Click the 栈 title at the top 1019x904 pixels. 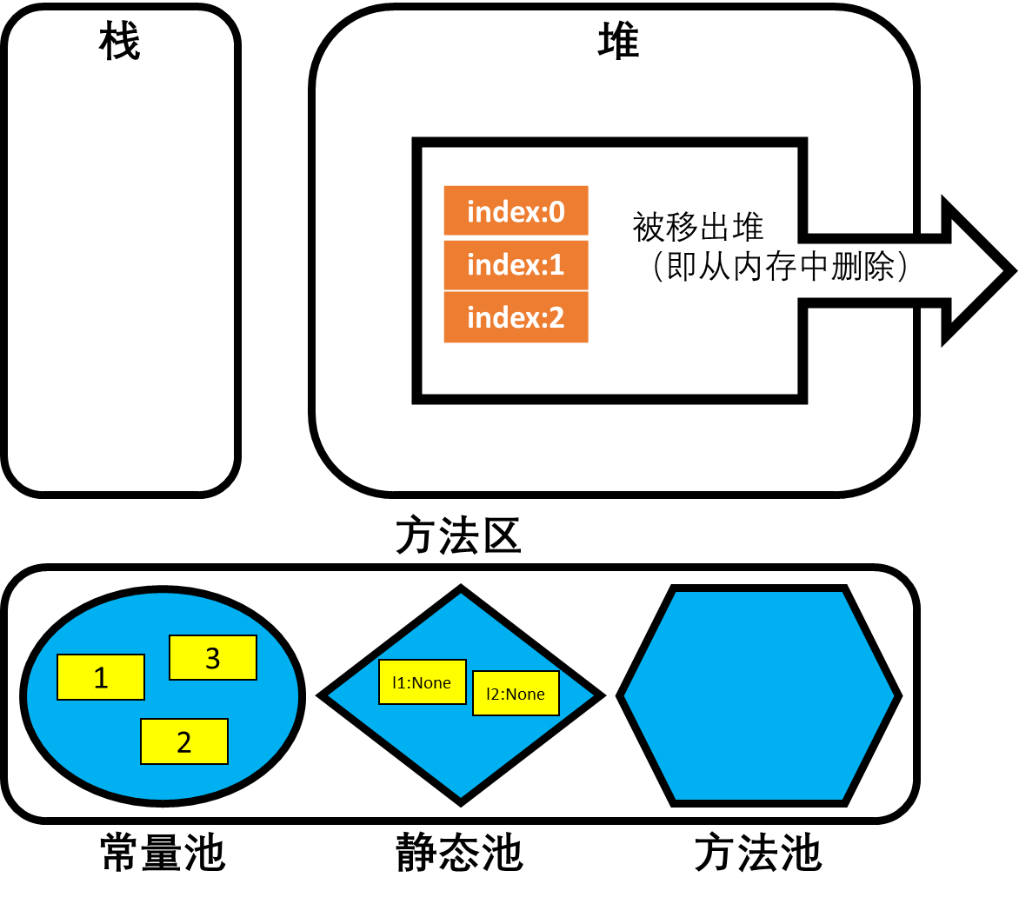(x=120, y=42)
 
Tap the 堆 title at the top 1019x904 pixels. (x=618, y=42)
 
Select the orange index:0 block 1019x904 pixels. (x=516, y=211)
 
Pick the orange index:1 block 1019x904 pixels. (x=516, y=264)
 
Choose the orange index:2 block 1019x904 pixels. (x=516, y=317)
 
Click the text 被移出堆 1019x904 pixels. (x=698, y=228)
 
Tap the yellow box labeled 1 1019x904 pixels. (x=101, y=677)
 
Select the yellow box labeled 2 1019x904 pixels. (x=184, y=741)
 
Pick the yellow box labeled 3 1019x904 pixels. (x=213, y=658)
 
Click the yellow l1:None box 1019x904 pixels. (x=422, y=682)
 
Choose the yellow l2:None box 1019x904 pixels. (x=516, y=694)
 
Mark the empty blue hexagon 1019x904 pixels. (x=759, y=695)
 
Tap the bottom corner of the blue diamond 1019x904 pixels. (x=461, y=801)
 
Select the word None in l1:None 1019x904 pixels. (x=431, y=682)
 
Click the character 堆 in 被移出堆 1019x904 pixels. (x=749, y=228)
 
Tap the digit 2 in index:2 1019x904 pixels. (x=556, y=317)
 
